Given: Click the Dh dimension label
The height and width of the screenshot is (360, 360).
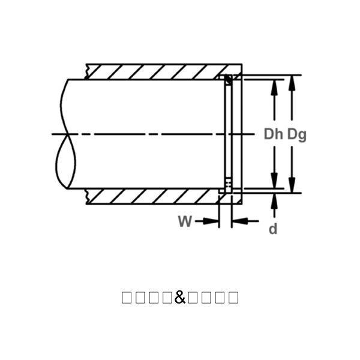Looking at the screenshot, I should [273, 134].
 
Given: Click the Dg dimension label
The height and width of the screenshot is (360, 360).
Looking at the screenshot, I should [296, 134].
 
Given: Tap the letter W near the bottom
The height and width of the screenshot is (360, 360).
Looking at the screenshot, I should [185, 221].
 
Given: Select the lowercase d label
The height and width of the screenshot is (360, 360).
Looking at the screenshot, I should [273, 229].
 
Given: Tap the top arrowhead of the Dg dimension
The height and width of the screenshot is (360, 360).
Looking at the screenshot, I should [292, 80].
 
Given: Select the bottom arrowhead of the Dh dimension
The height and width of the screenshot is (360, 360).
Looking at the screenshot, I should [274, 182].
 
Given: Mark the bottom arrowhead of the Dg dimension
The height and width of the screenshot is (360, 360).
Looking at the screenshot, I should [292, 187].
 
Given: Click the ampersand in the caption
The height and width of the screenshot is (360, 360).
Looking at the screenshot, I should [180, 296].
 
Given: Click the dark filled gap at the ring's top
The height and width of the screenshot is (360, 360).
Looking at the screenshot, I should [228, 79].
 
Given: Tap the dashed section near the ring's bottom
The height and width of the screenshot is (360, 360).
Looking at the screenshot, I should [227, 183].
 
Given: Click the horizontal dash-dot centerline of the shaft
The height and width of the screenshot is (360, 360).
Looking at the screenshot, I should [150, 134].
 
